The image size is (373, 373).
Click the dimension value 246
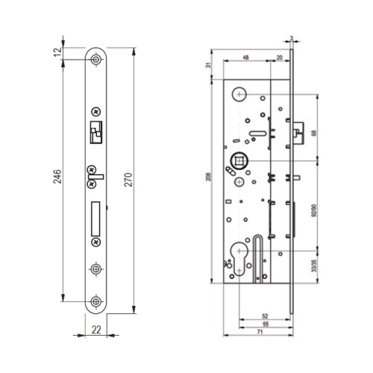[x=57, y=176]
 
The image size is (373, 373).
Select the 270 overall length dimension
[x=128, y=180]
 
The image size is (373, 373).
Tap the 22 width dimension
[x=96, y=330]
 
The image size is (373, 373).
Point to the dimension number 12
[x=57, y=51]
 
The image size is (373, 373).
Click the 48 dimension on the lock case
[x=245, y=57]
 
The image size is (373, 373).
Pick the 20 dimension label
[x=280, y=57]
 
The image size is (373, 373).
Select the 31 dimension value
[x=209, y=65]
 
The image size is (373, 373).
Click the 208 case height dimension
[x=209, y=177]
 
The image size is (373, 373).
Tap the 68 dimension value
[x=314, y=133]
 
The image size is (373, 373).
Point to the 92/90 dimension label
[x=314, y=211]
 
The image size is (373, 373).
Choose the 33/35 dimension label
[x=314, y=266]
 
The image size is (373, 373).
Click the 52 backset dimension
[x=265, y=316]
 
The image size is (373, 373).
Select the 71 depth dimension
[x=260, y=332]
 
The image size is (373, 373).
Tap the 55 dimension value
[x=266, y=324]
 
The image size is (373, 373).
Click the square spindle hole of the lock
[x=239, y=160]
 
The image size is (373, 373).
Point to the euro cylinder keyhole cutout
[x=239, y=259]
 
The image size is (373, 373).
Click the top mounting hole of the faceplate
[x=95, y=60]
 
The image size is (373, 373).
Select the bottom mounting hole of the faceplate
[x=95, y=301]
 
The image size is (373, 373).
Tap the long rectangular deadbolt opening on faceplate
[x=95, y=219]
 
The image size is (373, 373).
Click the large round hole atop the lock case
[x=239, y=94]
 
